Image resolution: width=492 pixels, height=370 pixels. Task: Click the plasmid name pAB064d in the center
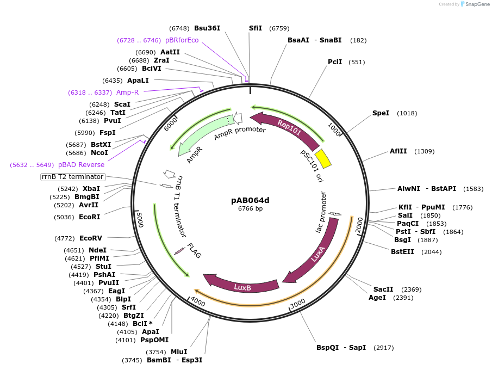[250, 200]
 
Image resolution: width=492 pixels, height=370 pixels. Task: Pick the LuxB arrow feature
[242, 285]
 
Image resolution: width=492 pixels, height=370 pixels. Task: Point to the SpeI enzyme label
[381, 113]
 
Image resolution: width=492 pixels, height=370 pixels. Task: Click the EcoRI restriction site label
[90, 217]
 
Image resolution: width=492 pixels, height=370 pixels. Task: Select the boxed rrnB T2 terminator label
[73, 177]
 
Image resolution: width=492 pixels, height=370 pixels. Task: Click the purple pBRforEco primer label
[182, 40]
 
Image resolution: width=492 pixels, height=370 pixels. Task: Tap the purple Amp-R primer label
[127, 92]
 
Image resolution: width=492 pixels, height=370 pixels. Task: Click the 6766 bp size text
[250, 208]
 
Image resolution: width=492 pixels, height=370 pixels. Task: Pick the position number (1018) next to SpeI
[407, 113]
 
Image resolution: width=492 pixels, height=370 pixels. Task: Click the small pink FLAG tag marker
[179, 251]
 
